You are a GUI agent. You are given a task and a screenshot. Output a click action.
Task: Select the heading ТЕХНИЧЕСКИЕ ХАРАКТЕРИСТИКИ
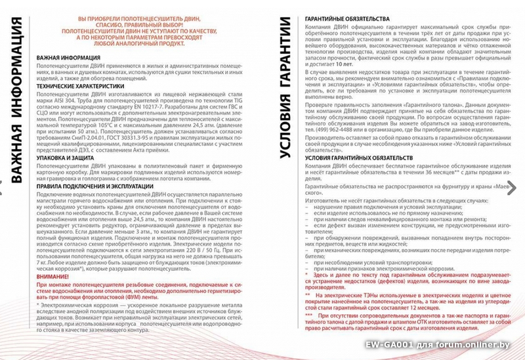coord(80,86)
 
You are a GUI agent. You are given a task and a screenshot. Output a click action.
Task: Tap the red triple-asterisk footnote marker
coord(309,315)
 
